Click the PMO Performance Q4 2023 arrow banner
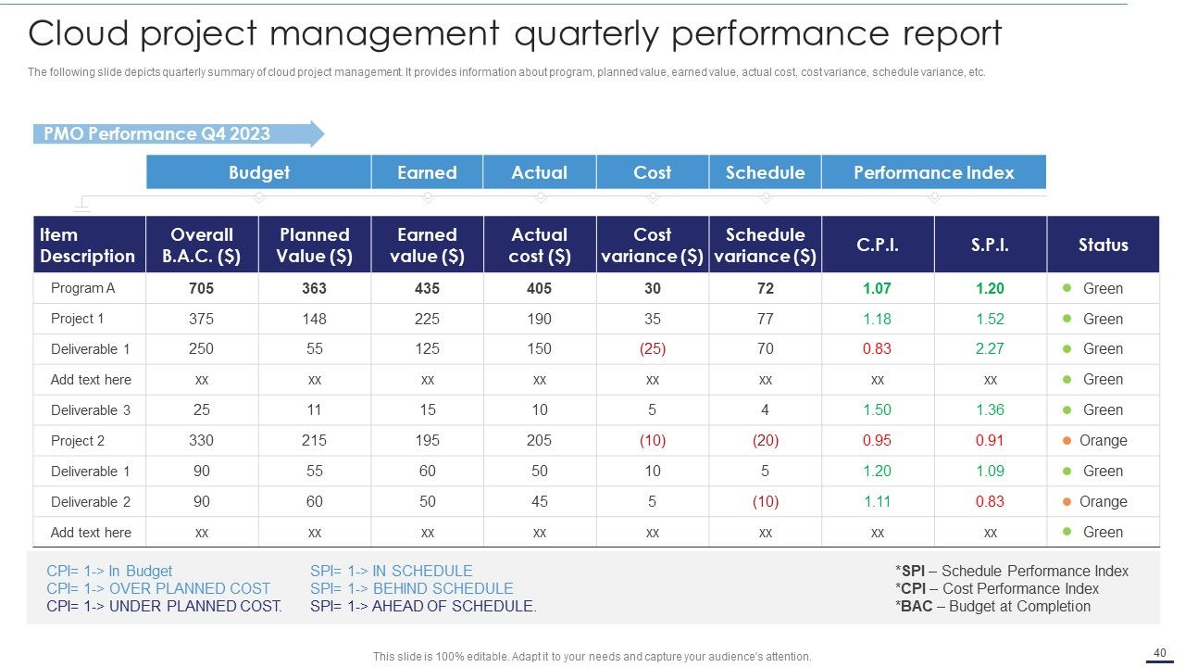click(x=179, y=133)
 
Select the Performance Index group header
click(x=934, y=172)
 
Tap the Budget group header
click(x=258, y=172)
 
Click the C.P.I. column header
click(x=878, y=245)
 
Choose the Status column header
click(x=1103, y=245)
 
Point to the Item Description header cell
click(x=90, y=245)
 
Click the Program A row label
click(x=82, y=288)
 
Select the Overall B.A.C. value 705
click(x=202, y=288)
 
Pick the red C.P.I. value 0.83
click(x=877, y=349)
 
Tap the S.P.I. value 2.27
click(x=990, y=349)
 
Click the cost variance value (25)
click(x=653, y=349)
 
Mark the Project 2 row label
click(x=78, y=440)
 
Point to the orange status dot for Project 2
click(x=1067, y=440)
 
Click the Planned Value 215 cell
click(x=314, y=440)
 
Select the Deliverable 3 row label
click(x=91, y=410)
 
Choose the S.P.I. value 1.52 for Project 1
click(x=990, y=319)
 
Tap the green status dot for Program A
click(x=1067, y=288)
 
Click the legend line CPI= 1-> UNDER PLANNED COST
click(x=165, y=606)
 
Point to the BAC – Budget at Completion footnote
click(x=993, y=606)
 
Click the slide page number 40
click(x=1160, y=653)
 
